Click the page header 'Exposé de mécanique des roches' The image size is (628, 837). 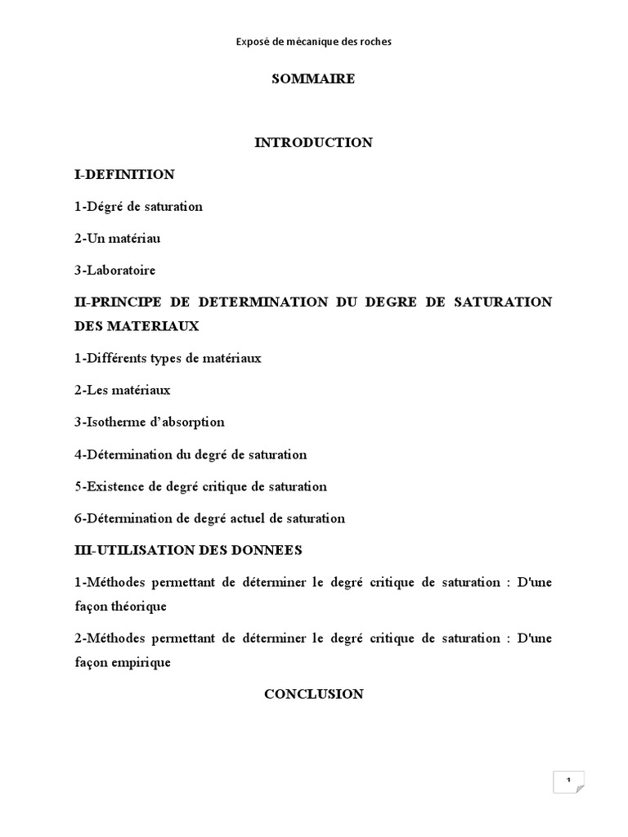click(314, 41)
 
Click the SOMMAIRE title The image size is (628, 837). click(314, 79)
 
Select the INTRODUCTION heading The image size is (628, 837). click(314, 142)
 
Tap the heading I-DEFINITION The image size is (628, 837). click(124, 174)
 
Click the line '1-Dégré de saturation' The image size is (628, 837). click(138, 206)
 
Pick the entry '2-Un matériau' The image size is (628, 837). click(118, 238)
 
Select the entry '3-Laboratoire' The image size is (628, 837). click(114, 270)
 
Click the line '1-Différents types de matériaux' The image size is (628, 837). click(168, 358)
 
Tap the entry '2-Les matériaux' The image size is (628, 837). click(122, 390)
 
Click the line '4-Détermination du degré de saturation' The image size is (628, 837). click(191, 454)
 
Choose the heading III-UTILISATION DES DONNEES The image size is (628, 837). click(188, 550)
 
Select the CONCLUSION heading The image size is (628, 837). click(314, 694)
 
